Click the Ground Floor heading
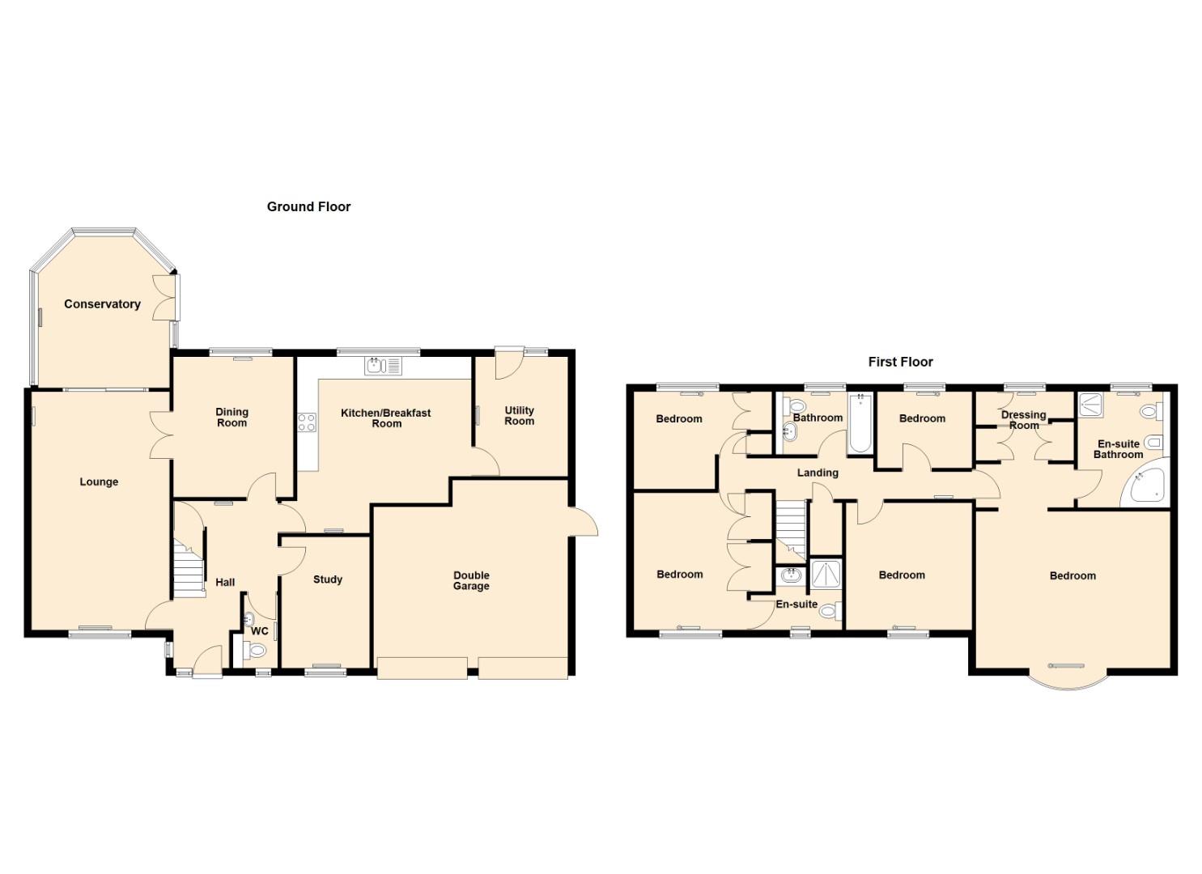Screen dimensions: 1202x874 [x=308, y=206]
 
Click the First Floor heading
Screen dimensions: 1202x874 [x=900, y=362]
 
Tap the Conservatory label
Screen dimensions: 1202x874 [x=102, y=304]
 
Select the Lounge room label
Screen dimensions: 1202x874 [x=99, y=482]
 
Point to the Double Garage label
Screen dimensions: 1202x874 [x=471, y=580]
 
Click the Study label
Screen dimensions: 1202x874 [x=327, y=579]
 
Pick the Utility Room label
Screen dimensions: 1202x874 [x=519, y=416]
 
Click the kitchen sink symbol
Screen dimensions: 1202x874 [x=383, y=366]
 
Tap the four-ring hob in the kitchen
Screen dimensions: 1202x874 [x=307, y=422]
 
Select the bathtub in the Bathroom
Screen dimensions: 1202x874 [x=860, y=423]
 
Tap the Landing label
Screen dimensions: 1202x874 [x=818, y=473]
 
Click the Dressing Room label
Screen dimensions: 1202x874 [x=1023, y=420]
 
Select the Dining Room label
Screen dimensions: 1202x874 [x=231, y=417]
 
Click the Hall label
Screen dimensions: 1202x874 [x=225, y=582]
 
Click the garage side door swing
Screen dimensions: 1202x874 [x=584, y=521]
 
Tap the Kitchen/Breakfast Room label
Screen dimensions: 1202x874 [x=386, y=418]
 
